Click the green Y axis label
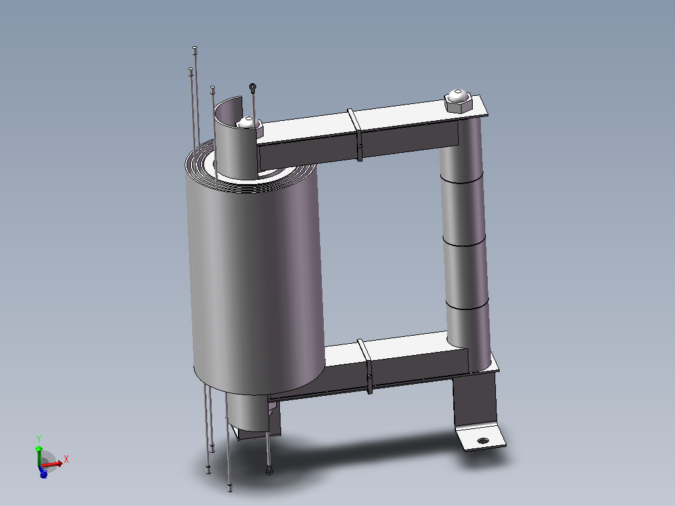[x=39, y=439]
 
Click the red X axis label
[x=66, y=460]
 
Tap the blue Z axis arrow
[x=43, y=473]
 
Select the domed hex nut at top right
[x=458, y=101]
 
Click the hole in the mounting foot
[x=483, y=440]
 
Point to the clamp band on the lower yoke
[x=366, y=366]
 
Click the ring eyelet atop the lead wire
[x=253, y=87]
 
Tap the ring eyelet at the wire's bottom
[x=269, y=472]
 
